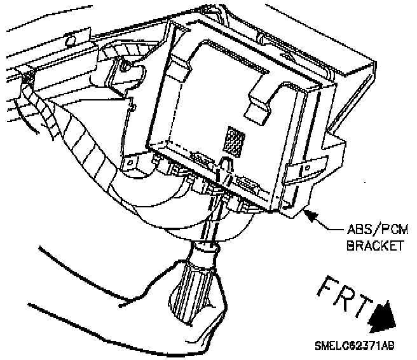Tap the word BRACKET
374,246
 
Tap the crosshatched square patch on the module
236,141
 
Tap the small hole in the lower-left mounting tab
130,163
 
